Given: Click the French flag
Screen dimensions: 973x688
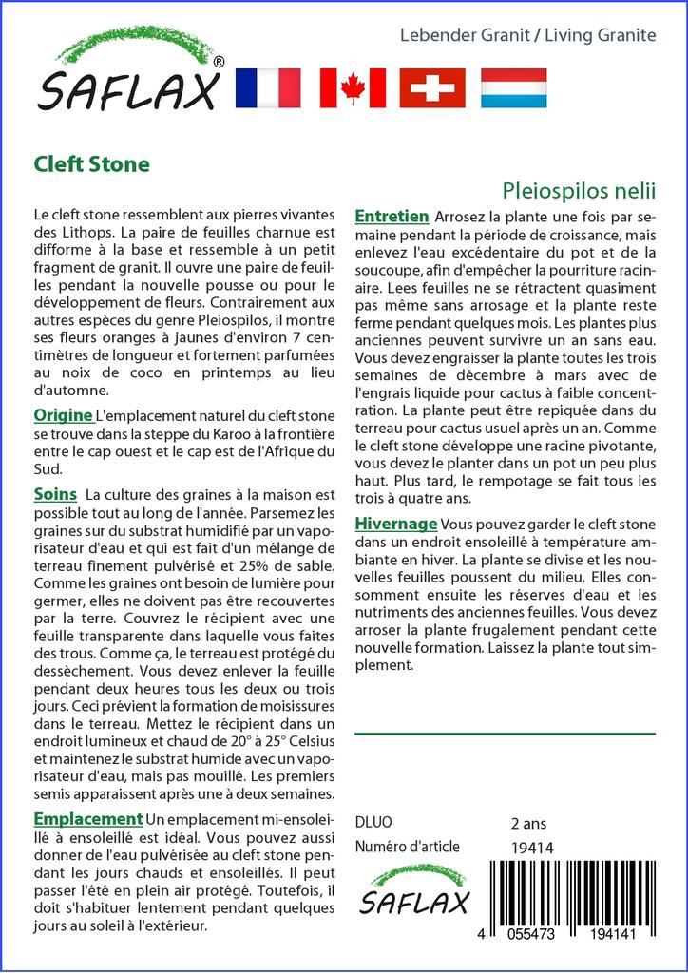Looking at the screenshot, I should coord(266,87).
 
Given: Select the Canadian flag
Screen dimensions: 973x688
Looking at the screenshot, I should coord(353,87).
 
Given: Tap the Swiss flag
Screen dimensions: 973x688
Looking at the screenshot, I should coord(432,87).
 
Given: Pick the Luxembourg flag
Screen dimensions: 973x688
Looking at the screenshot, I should coord(513,87).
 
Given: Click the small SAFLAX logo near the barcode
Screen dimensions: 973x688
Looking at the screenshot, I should coord(414,889).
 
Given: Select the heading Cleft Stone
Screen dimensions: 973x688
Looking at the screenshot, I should coord(91,163).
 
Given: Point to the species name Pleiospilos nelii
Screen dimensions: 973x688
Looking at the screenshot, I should coord(579,188).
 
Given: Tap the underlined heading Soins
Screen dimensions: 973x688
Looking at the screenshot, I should coord(55,494).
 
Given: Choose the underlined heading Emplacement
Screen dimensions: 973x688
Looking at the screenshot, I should coord(87,819).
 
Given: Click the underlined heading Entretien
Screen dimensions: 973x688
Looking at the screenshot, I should coord(392,217).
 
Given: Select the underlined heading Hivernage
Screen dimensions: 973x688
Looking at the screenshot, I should coord(395,524).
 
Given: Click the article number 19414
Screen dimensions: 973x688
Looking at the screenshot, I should coord(532,847).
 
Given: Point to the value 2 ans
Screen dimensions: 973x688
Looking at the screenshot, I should coord(528,822).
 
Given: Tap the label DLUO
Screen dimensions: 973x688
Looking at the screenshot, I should coord(373,822).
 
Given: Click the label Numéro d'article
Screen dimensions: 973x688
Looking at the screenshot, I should coord(407,847).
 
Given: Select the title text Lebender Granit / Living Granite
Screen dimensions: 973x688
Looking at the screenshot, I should coord(527,35).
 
